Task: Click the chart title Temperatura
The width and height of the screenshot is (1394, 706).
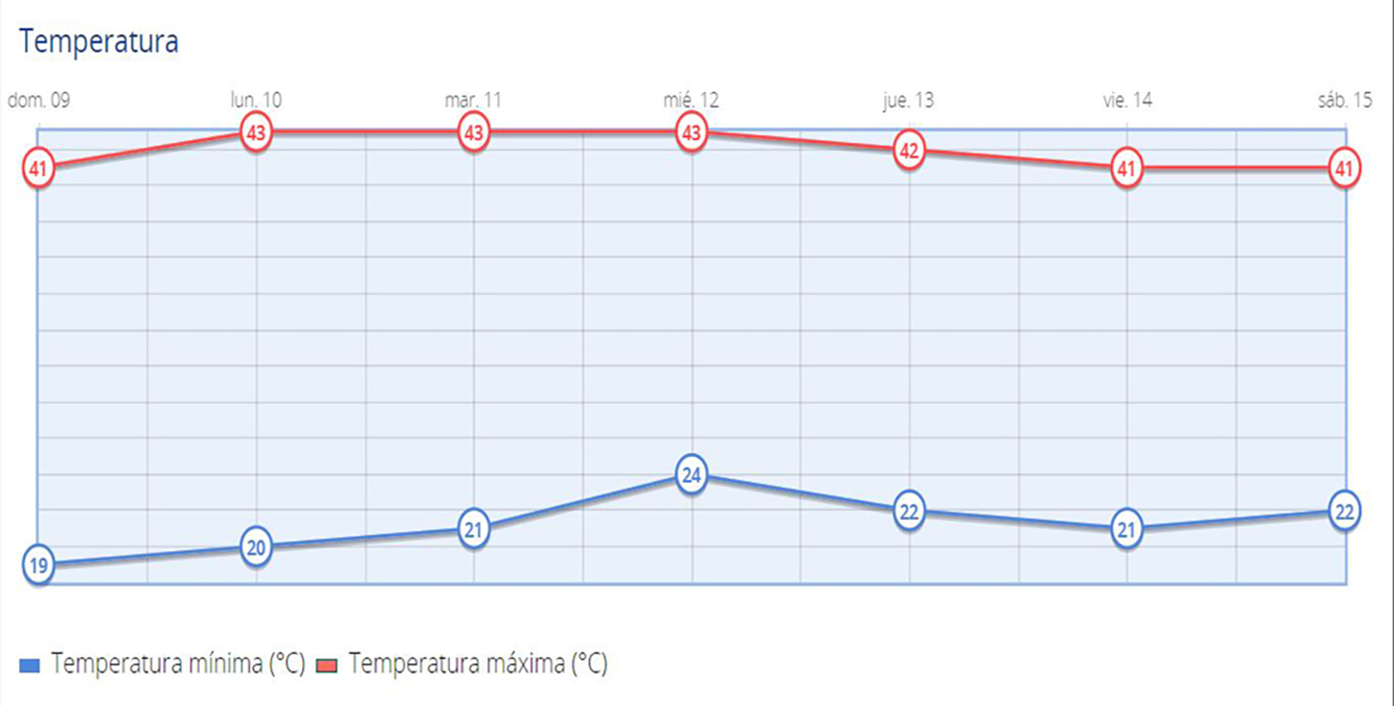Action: coord(98,42)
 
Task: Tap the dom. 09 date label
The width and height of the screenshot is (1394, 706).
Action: coord(40,100)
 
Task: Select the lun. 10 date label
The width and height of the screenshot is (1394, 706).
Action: coord(256,100)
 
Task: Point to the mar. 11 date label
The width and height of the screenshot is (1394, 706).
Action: coord(473,100)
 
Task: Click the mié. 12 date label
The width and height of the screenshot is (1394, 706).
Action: coord(691,100)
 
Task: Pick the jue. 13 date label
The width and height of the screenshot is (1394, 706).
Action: coord(908,100)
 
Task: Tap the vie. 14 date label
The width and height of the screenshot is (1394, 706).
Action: coord(1127,100)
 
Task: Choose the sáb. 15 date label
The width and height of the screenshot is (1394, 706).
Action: coord(1344,100)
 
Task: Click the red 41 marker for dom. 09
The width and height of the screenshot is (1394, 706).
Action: coord(39,169)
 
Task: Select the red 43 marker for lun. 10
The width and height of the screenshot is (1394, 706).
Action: coord(256,133)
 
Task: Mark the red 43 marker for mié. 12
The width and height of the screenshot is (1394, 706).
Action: coord(691,133)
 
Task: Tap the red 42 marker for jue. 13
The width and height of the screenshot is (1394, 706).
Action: coord(908,151)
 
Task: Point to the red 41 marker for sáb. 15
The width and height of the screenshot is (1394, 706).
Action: coord(1344,169)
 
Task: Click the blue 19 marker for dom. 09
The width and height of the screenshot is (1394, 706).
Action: coord(39,566)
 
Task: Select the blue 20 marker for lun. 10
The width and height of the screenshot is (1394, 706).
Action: coord(256,548)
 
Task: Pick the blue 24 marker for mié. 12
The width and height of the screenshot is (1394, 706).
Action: coord(691,475)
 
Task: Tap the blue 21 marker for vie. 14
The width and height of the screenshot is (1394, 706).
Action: coord(1127,529)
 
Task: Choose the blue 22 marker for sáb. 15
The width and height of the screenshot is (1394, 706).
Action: coord(1344,511)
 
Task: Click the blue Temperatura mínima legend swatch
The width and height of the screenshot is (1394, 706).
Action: coord(30,665)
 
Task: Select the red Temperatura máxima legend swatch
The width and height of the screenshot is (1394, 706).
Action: coord(327,665)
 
